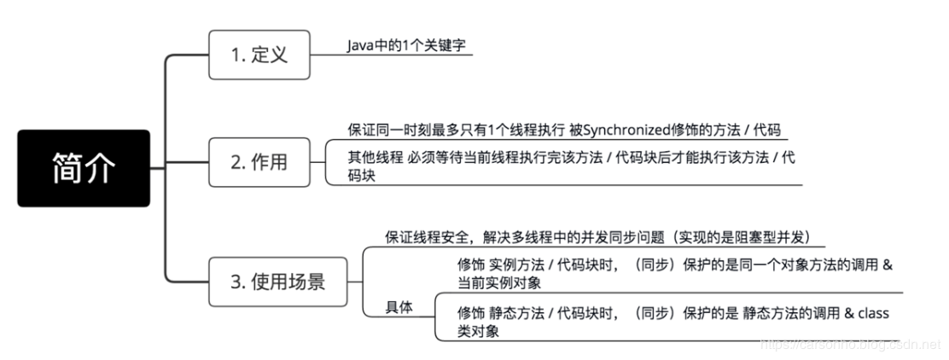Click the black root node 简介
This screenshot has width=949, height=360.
pyautogui.click(x=84, y=168)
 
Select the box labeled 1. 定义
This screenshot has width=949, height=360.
pyautogui.click(x=259, y=55)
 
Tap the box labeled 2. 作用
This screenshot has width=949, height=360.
pyautogui.click(x=259, y=161)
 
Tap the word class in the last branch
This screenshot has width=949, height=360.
pyautogui.click(x=873, y=314)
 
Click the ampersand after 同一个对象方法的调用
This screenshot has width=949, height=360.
pyautogui.click(x=886, y=264)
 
